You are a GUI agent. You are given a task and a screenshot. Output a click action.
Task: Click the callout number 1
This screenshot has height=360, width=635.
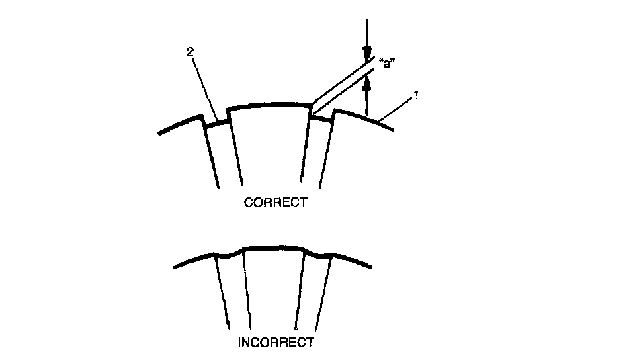point(415,96)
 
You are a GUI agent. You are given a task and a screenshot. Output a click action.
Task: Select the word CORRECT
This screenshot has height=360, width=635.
point(275,203)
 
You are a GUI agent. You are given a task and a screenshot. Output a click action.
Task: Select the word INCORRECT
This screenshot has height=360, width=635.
point(275,343)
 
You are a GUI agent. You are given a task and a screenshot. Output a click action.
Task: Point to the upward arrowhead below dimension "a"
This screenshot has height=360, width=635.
point(368,82)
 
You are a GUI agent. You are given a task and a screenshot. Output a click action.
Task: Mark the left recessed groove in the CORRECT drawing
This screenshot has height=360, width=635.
point(215,123)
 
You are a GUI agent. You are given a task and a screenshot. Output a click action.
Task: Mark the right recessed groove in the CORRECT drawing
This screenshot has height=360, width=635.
point(322,118)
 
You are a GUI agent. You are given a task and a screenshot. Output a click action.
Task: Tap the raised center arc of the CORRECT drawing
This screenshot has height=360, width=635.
point(269,105)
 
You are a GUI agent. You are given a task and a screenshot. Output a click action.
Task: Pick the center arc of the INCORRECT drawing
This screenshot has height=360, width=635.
point(275,247)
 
